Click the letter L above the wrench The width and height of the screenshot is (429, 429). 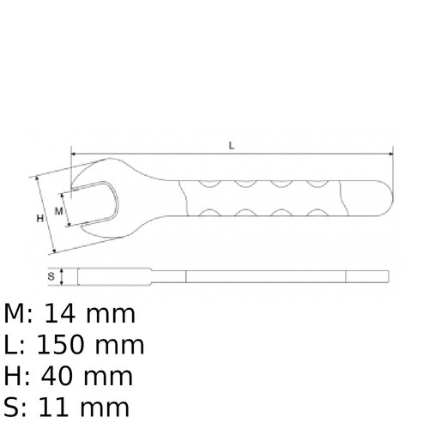click(x=232, y=146)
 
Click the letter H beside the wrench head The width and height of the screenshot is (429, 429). click(x=39, y=218)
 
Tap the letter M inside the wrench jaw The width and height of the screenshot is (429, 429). click(x=58, y=209)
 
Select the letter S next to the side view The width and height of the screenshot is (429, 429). click(x=51, y=276)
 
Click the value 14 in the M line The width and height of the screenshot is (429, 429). click(x=65, y=314)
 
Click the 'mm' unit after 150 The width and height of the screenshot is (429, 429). click(x=120, y=345)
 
